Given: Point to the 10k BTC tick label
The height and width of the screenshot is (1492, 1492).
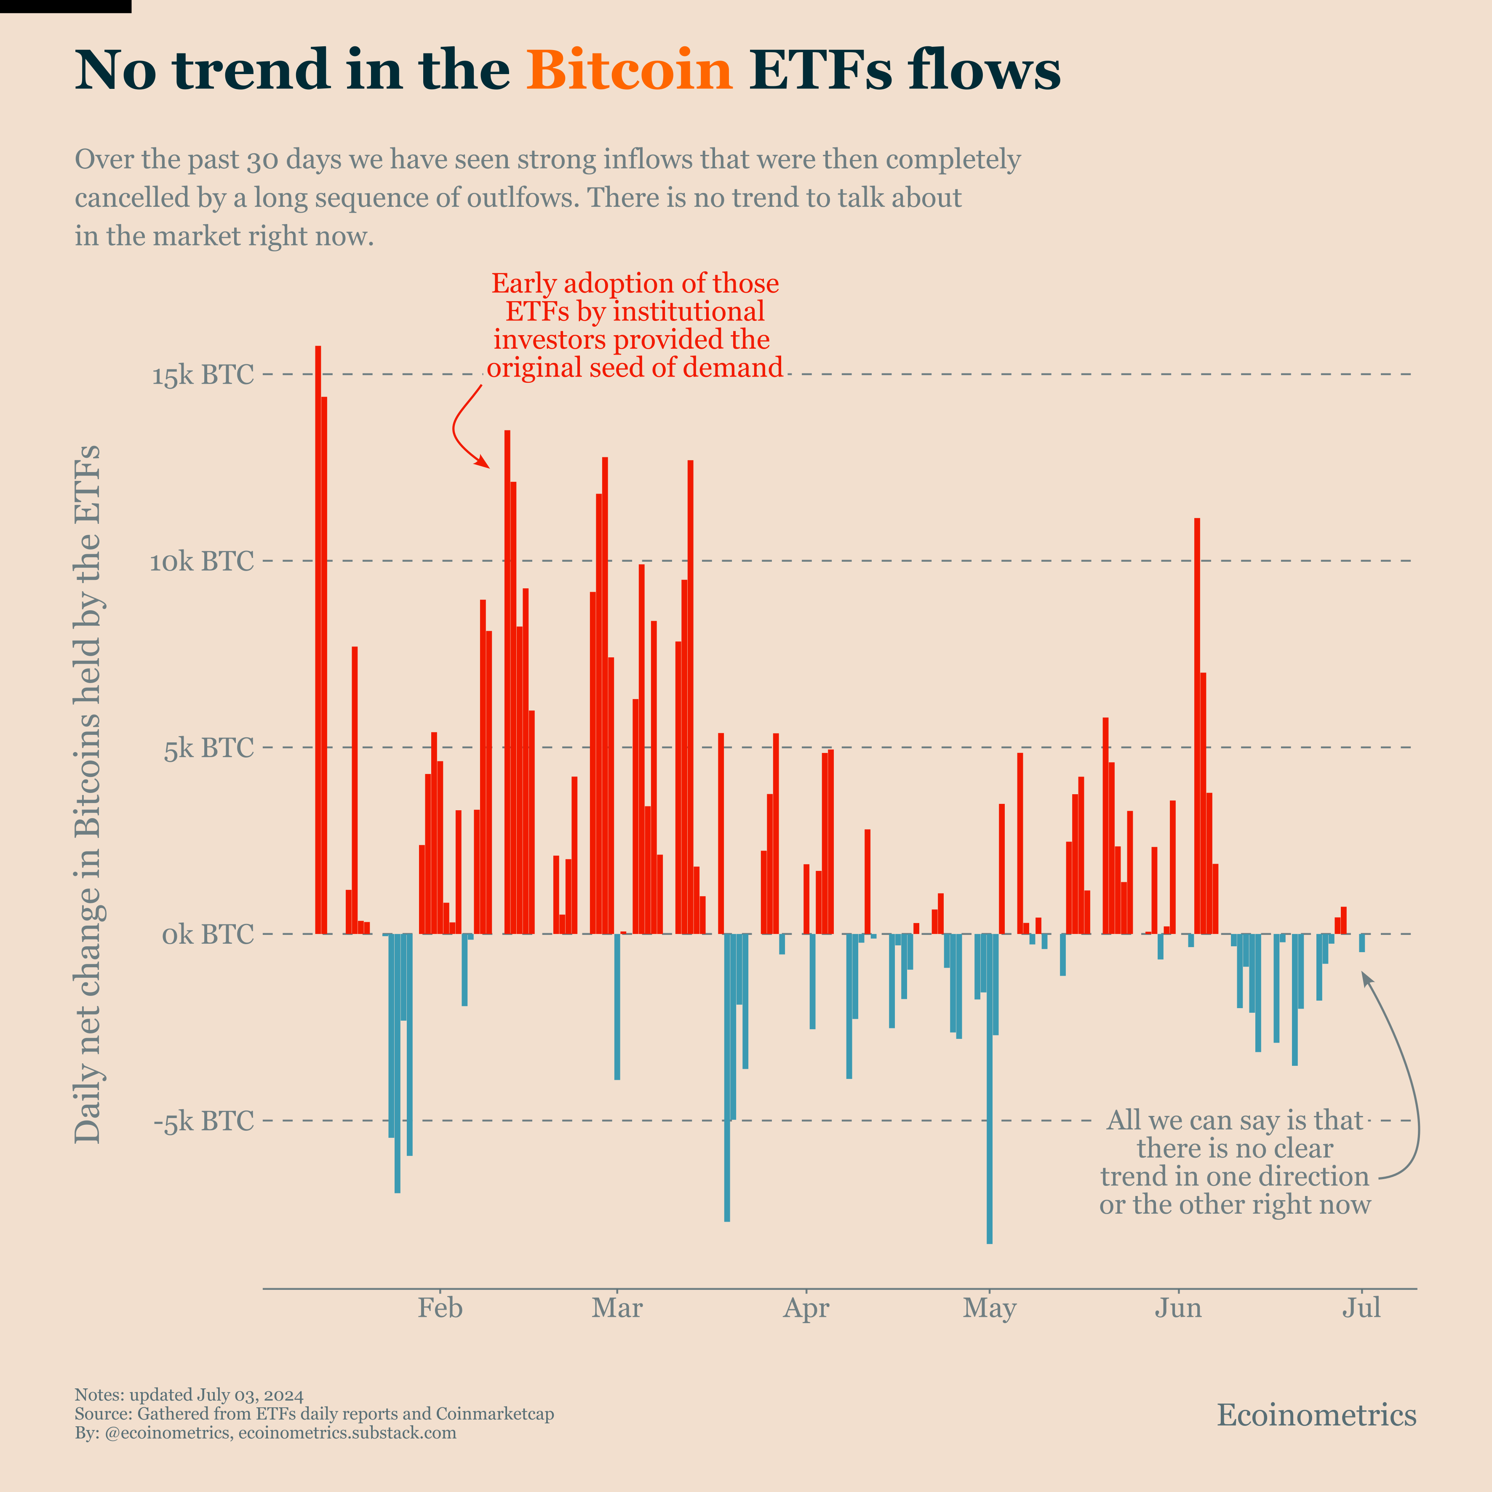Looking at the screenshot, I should (202, 561).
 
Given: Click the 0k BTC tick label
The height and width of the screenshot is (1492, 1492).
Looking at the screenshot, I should (207, 934).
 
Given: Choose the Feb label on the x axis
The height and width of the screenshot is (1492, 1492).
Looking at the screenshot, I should (440, 1308).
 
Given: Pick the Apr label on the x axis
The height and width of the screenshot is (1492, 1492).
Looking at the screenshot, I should (806, 1308).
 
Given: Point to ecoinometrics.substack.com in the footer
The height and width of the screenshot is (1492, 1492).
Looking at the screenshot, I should (347, 1433).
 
